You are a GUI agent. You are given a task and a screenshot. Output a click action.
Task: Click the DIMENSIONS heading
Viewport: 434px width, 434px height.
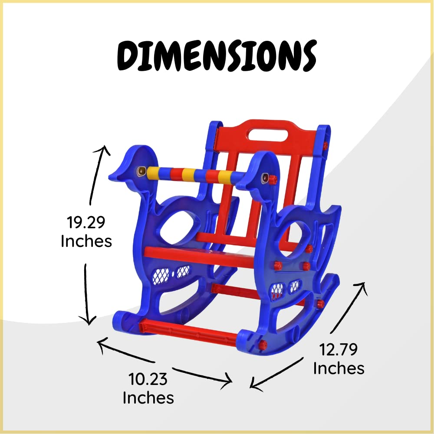(x=217, y=56)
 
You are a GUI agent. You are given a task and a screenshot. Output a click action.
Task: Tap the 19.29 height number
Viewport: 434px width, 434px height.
(x=86, y=222)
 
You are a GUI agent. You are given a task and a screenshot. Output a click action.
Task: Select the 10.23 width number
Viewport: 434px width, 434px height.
(x=148, y=379)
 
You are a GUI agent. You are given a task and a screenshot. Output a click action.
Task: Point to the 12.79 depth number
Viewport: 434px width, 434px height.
(x=338, y=349)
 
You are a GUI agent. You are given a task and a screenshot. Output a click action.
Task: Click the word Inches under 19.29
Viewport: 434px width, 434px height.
(x=86, y=241)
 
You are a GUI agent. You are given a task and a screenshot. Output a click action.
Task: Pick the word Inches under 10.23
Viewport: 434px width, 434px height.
(x=148, y=398)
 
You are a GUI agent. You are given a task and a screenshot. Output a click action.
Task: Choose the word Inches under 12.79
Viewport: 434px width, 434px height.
(x=339, y=368)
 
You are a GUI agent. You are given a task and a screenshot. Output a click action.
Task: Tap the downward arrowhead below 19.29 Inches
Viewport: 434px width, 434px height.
(x=88, y=321)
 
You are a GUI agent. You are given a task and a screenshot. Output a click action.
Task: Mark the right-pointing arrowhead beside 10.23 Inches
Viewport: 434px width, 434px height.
(x=227, y=381)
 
